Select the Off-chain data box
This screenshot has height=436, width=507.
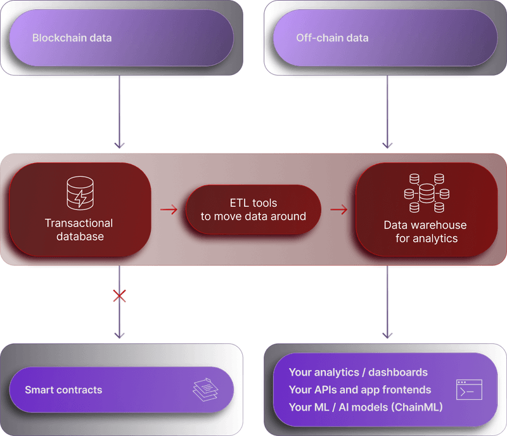tap(385, 38)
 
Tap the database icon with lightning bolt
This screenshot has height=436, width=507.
tap(80, 193)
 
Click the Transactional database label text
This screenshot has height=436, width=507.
tap(79, 230)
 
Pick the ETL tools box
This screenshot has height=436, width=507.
tap(253, 209)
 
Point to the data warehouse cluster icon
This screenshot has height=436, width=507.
tap(426, 193)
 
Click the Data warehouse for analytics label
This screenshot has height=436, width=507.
tap(425, 232)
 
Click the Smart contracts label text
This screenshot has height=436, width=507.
tap(63, 390)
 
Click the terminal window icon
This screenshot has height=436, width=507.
tap(469, 390)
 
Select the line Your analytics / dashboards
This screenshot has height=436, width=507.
tap(358, 373)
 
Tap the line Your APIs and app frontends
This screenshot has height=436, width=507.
tap(360, 390)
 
